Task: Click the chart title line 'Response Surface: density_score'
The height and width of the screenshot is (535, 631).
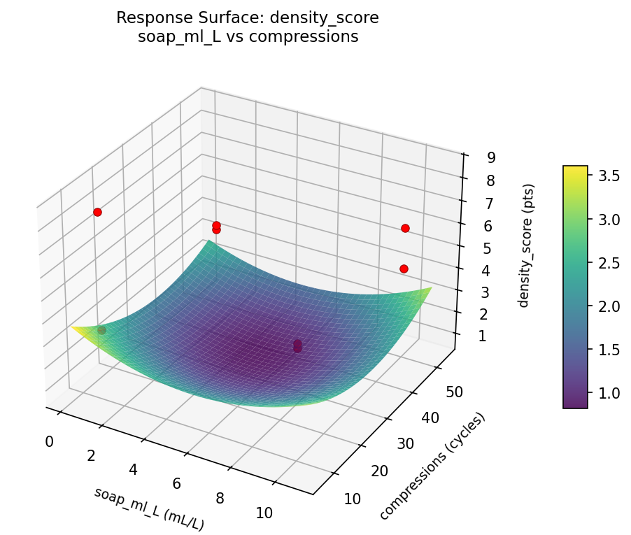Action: pos(248,17)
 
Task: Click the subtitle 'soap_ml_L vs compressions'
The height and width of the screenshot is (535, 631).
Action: pos(248,37)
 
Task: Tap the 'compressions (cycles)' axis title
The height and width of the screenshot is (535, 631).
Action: pos(432,466)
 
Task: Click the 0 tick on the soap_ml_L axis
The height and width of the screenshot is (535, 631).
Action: pos(49,441)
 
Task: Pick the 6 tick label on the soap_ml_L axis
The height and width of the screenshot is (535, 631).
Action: pos(176,483)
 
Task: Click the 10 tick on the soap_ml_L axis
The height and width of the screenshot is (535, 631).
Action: pos(264,513)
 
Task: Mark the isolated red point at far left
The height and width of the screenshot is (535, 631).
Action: pos(97,212)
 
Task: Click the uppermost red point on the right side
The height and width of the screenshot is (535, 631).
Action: pos(405,228)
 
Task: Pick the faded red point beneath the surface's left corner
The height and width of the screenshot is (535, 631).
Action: pos(101,330)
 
